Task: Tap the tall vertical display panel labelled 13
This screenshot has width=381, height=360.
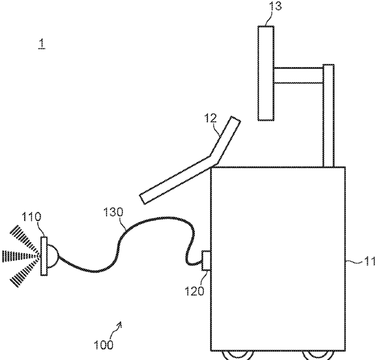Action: tap(266, 72)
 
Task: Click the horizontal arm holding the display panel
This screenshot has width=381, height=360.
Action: tap(298, 74)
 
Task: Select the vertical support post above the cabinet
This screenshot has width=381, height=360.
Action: tap(328, 116)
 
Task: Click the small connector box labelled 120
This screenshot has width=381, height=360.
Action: tap(206, 261)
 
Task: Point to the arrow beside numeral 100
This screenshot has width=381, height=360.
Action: tap(119, 326)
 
